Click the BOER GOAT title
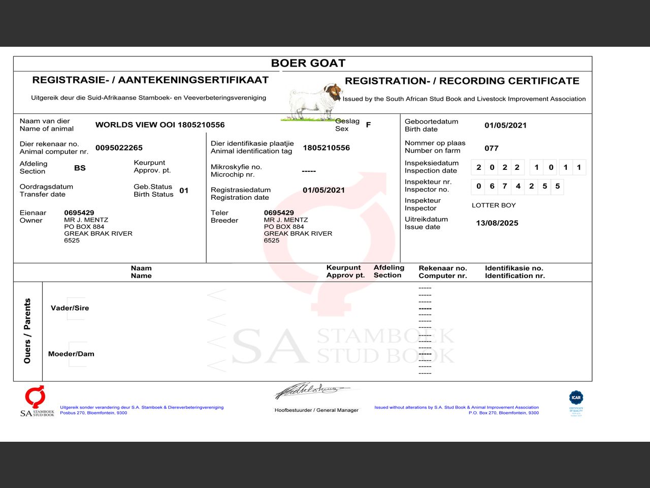click(x=308, y=63)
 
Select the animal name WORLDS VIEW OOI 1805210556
click(x=160, y=125)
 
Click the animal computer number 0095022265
click(x=119, y=148)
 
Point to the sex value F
click(x=368, y=125)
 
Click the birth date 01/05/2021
click(x=505, y=126)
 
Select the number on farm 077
click(x=492, y=148)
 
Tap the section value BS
click(x=80, y=168)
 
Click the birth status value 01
click(x=184, y=191)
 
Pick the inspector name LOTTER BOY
click(x=494, y=205)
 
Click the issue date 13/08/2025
click(x=497, y=223)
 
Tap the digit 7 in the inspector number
click(x=505, y=186)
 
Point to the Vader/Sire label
click(x=70, y=308)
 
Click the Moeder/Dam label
click(x=71, y=354)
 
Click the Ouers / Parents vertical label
click(x=27, y=331)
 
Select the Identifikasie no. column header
click(x=514, y=272)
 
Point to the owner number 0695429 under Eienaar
click(x=79, y=212)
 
